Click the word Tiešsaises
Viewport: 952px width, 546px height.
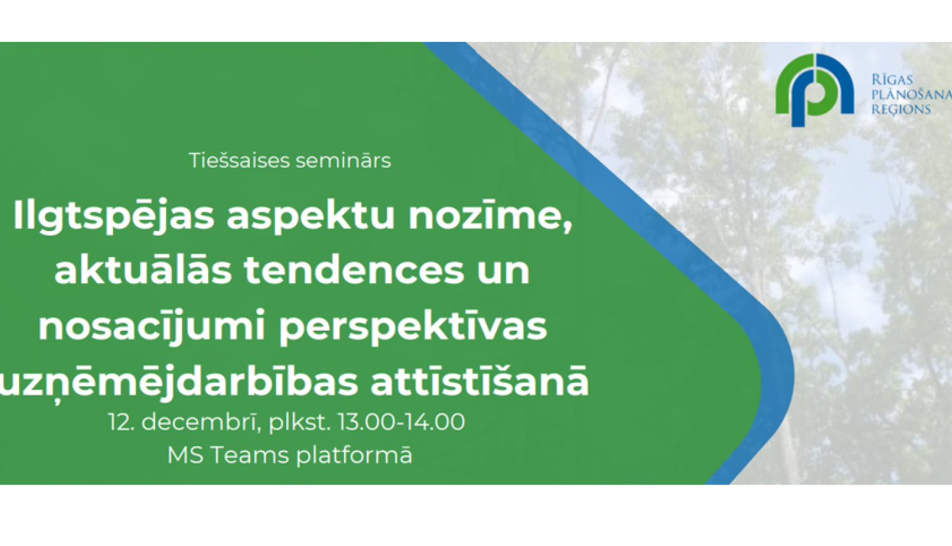pyautogui.click(x=239, y=161)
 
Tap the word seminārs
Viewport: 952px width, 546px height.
pyautogui.click(x=343, y=161)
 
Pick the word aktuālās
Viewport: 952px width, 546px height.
pyautogui.click(x=143, y=270)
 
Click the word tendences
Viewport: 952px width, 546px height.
pyautogui.click(x=354, y=270)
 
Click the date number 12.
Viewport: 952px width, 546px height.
pyautogui.click(x=122, y=422)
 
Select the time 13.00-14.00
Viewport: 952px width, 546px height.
pyautogui.click(x=400, y=422)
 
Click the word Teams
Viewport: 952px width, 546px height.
pyautogui.click(x=249, y=455)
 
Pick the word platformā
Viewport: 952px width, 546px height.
pyautogui.click(x=354, y=456)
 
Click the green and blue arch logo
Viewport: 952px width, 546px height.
pyautogui.click(x=815, y=90)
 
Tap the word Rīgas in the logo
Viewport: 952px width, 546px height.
pyautogui.click(x=892, y=79)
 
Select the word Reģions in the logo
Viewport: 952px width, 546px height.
pyautogui.click(x=901, y=109)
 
